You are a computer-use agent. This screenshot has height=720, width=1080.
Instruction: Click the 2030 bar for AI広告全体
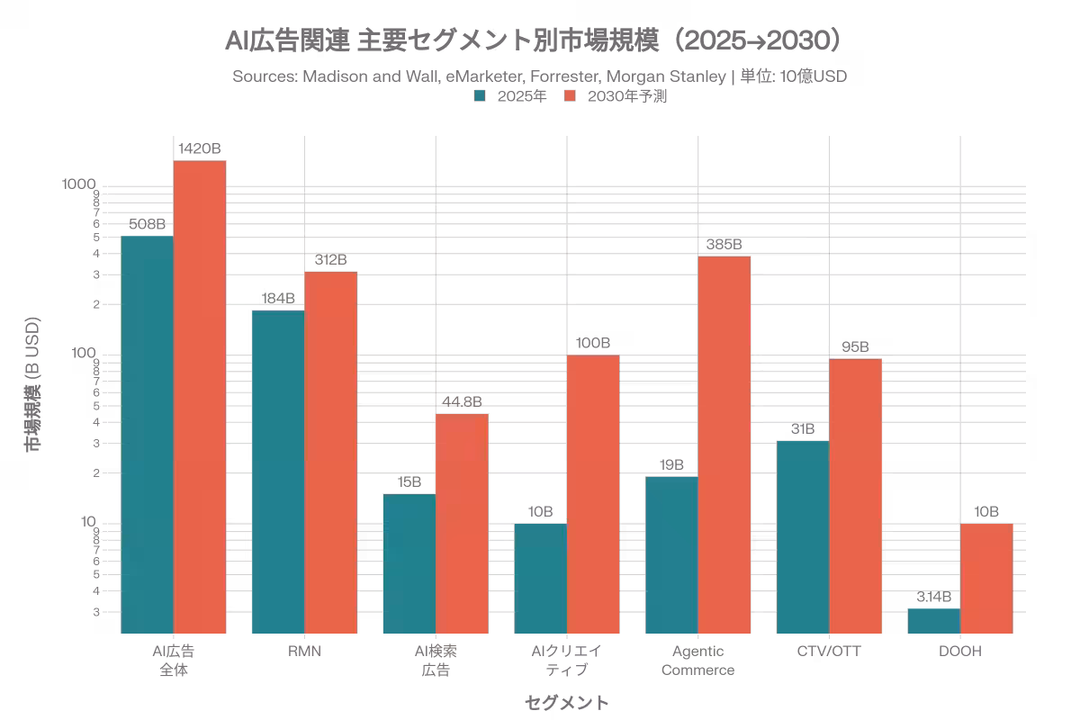coord(200,396)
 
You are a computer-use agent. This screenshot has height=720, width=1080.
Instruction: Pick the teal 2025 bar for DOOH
coord(934,620)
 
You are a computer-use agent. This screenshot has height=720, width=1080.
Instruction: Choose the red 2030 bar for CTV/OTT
coord(856,495)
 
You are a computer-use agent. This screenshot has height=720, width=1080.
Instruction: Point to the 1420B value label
coord(200,149)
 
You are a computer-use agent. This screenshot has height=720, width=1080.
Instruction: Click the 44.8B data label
coord(462,401)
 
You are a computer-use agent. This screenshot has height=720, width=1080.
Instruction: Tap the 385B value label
coord(724,244)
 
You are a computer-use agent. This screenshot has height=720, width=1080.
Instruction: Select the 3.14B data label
coord(934,597)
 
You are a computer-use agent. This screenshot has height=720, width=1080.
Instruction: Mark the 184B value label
coord(278,298)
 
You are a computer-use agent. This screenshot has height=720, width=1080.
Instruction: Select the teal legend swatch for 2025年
coord(481,96)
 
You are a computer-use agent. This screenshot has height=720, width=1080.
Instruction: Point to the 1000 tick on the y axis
coord(79,184)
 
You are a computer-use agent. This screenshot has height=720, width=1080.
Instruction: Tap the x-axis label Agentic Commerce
coord(697,661)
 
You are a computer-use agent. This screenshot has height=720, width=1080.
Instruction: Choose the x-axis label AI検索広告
coord(436,661)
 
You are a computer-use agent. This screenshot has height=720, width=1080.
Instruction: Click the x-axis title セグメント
coord(566,702)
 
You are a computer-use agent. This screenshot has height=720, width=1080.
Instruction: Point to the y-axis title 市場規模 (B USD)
coord(33,383)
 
